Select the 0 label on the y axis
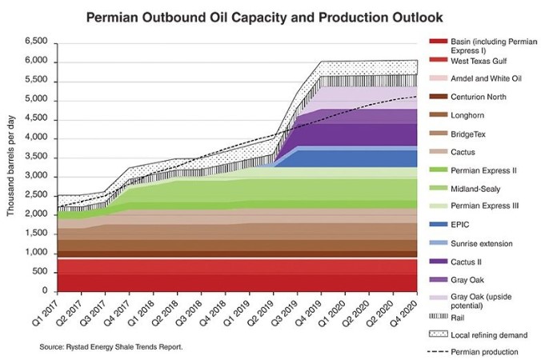(x=46, y=291)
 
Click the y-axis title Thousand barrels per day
(x=11, y=166)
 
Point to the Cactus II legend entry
(x=470, y=261)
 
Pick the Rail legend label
(x=459, y=315)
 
